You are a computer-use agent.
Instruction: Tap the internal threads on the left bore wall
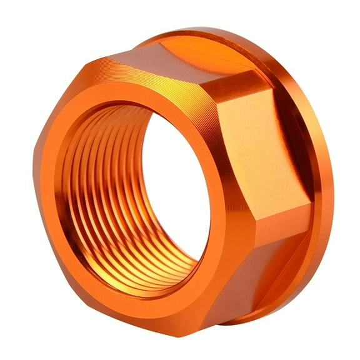(94, 187)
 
